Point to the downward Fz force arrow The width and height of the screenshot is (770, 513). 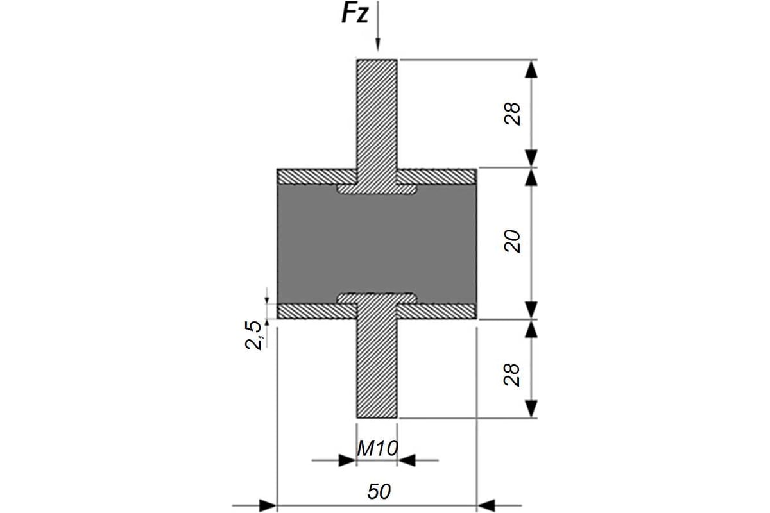tap(377, 26)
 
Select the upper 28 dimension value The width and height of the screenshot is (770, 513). tap(512, 114)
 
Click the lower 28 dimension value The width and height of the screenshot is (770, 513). tap(512, 374)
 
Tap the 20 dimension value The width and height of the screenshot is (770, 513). tap(512, 241)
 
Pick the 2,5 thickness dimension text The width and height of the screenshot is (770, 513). tap(253, 335)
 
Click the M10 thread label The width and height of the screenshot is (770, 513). tap(377, 448)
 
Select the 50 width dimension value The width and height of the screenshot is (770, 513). tap(379, 491)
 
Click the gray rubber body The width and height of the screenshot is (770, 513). tap(377, 244)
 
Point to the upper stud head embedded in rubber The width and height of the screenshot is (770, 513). tap(377, 189)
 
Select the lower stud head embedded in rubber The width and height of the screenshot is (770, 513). tap(377, 298)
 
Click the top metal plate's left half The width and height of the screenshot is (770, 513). tap(317, 176)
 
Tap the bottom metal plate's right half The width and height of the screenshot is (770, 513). tap(436, 311)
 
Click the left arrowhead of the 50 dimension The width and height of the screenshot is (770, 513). tap(268, 506)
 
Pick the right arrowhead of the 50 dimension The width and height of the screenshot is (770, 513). tap(486, 506)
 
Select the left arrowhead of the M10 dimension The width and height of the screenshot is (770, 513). tap(347, 460)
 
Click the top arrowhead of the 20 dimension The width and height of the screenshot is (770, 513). tap(531, 178)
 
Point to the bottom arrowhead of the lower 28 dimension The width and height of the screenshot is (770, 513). tap(531, 409)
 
